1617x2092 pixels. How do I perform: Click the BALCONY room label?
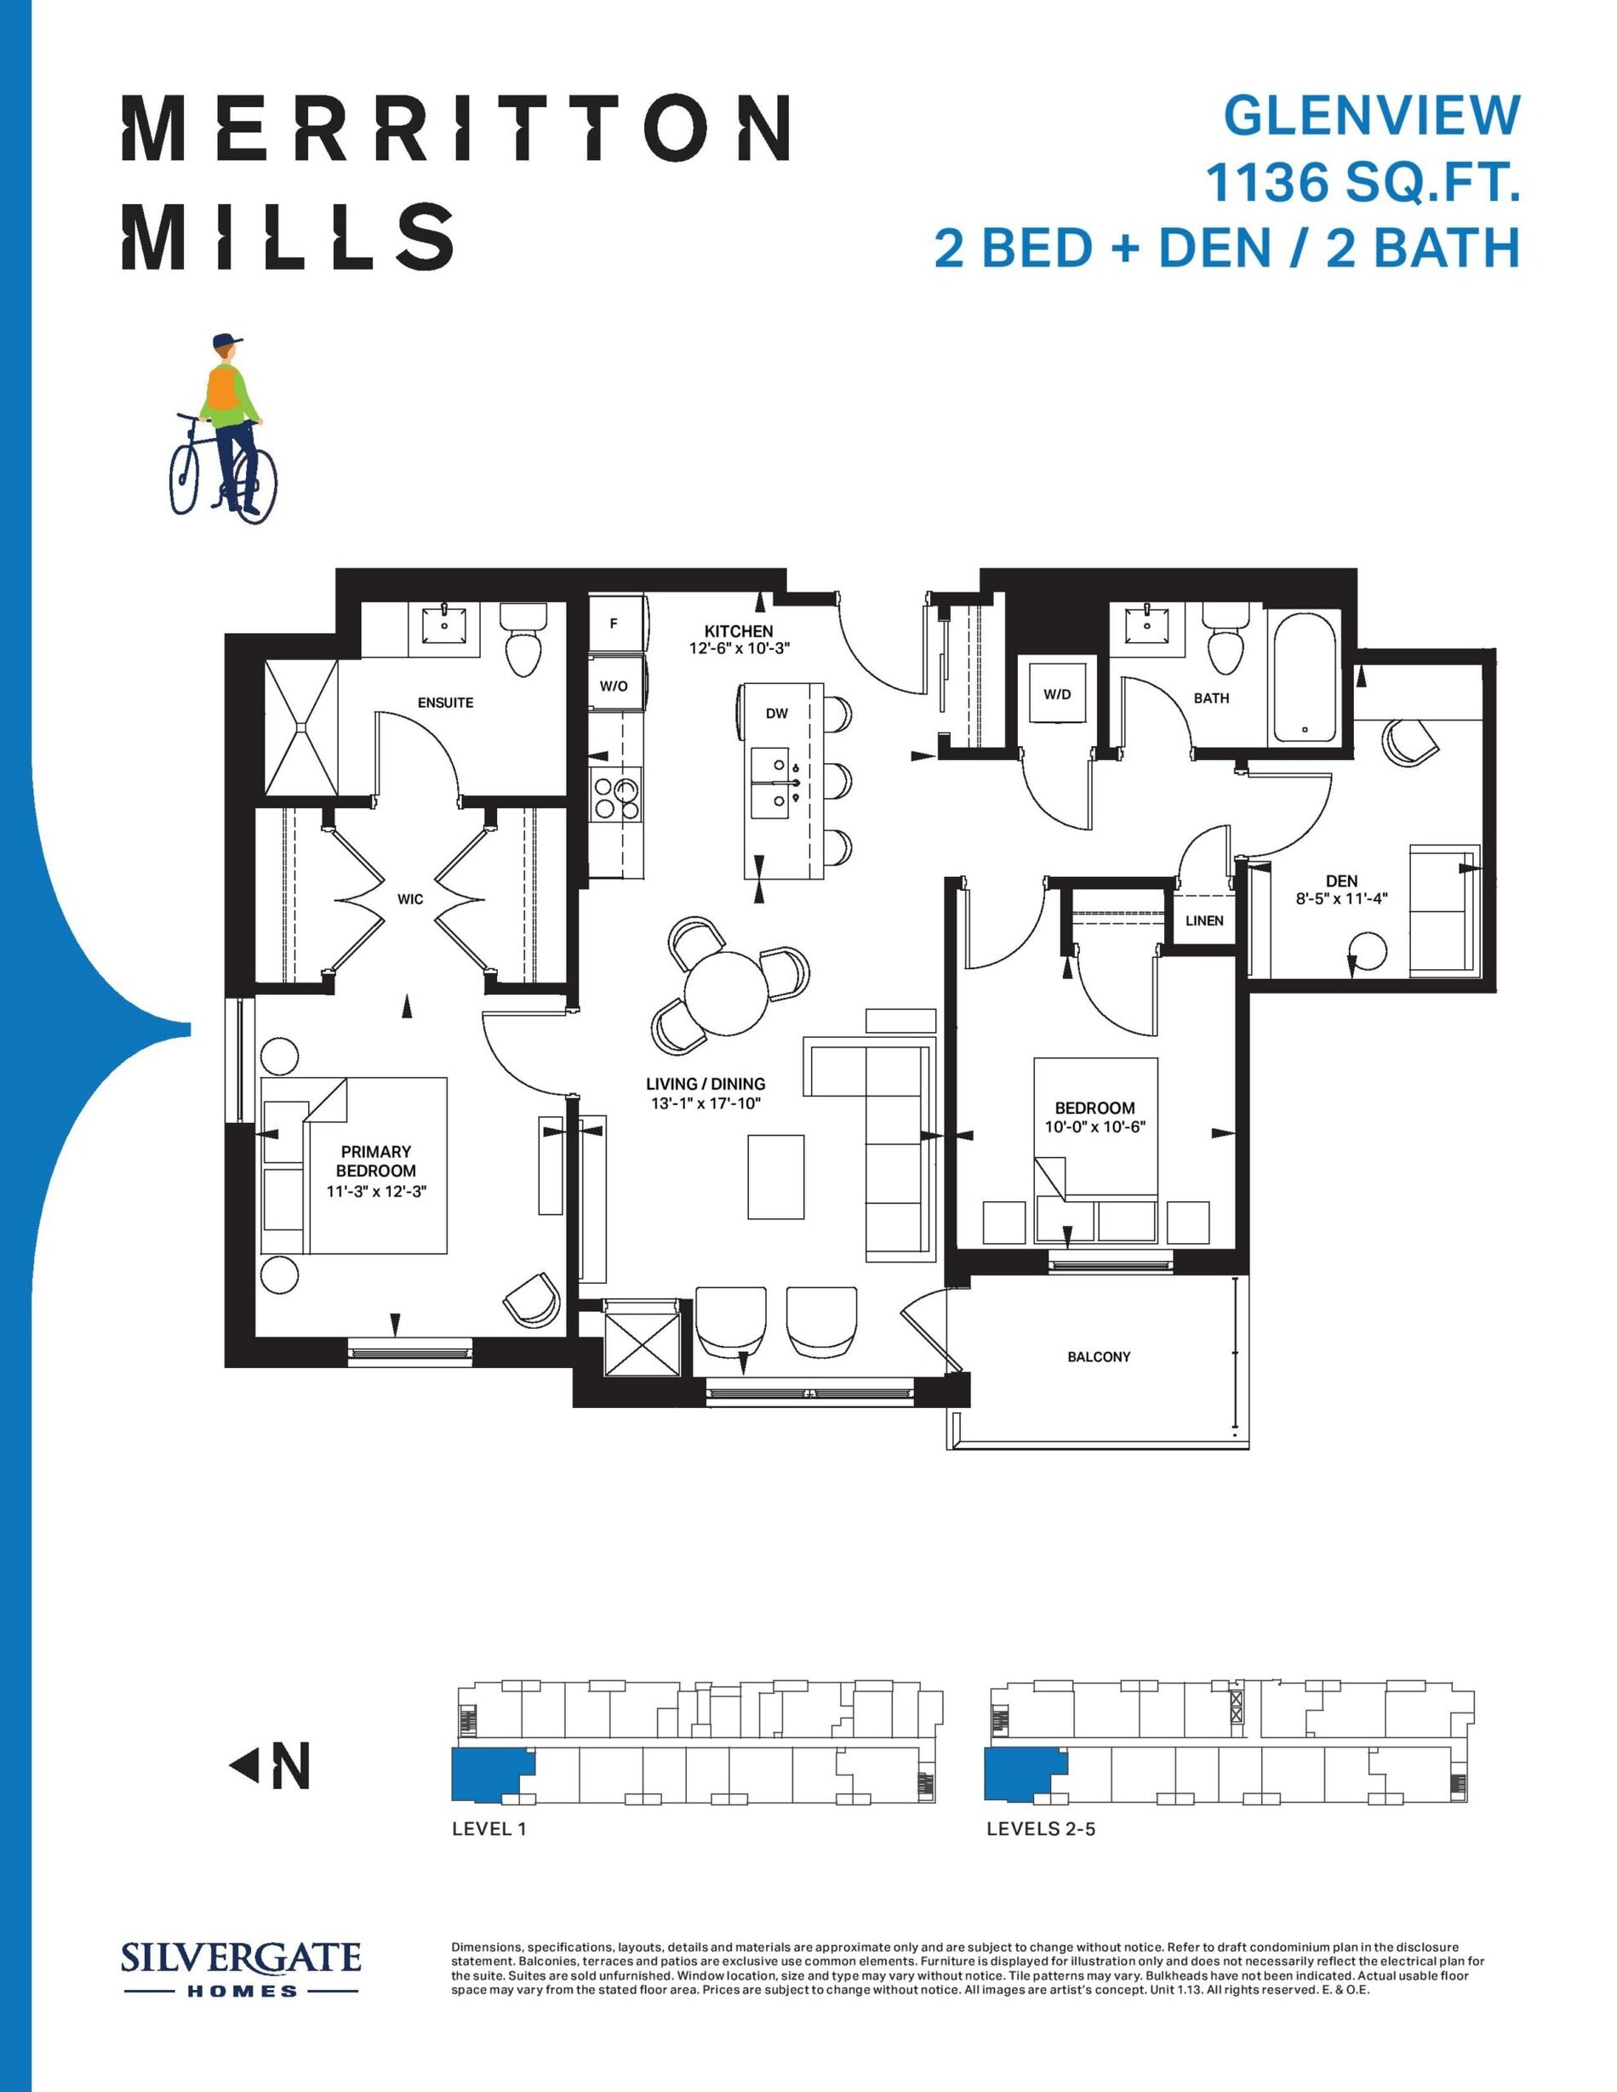[1099, 1356]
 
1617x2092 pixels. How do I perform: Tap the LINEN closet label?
[1204, 921]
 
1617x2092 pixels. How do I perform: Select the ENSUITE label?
[445, 702]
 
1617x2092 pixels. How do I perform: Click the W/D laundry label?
[1058, 693]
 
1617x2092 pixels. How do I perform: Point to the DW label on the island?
[777, 713]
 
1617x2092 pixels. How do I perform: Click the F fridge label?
[614, 624]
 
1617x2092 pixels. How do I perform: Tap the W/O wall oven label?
[614, 686]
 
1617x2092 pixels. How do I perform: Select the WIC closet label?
[410, 898]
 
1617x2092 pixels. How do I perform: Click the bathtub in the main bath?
[1304, 676]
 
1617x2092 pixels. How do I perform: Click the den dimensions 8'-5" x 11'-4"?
[1342, 899]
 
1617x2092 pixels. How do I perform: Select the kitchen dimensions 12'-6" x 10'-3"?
[740, 648]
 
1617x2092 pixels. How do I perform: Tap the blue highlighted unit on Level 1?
[490, 1773]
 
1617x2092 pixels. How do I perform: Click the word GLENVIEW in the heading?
[1372, 116]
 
